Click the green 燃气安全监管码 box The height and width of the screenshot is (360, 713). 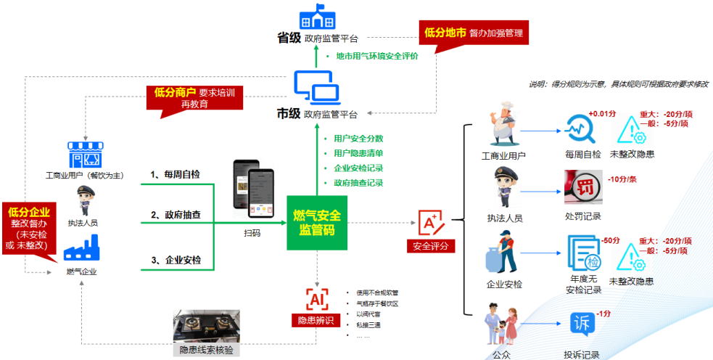[x=317, y=223]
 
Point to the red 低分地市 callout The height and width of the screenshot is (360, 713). [x=472, y=33]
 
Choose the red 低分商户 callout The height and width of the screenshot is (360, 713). [x=194, y=98]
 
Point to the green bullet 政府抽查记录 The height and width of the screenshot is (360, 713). [x=358, y=183]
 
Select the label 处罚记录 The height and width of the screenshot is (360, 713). [x=582, y=216]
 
